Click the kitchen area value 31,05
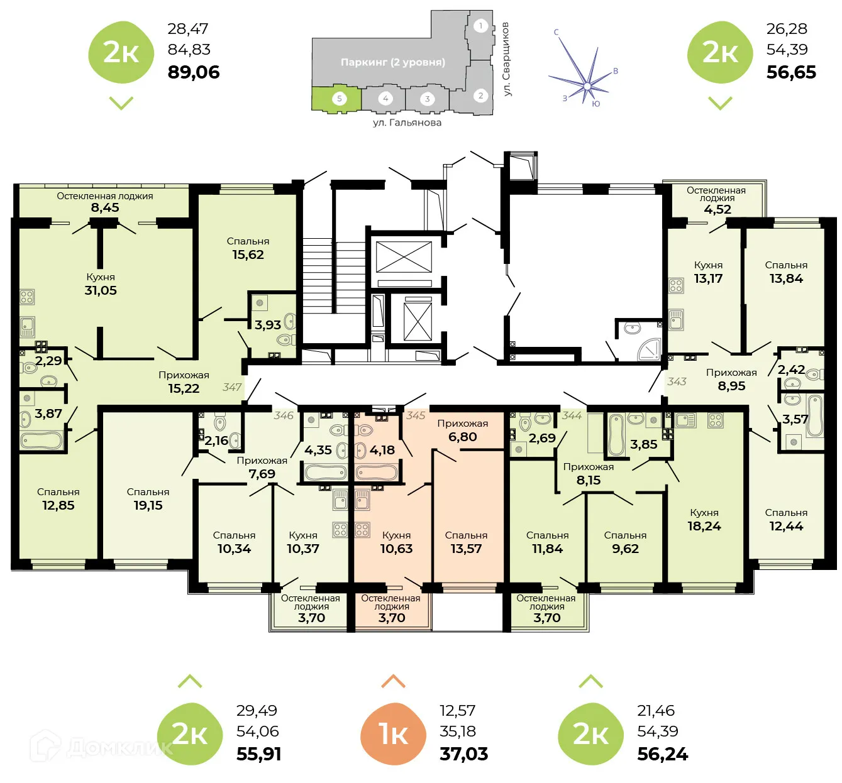[x=101, y=290]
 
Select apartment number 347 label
[x=231, y=387]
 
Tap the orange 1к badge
[x=393, y=733]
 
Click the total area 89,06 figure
[x=194, y=72]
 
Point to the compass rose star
[x=586, y=84]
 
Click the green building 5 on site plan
[x=338, y=99]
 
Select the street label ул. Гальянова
[x=407, y=123]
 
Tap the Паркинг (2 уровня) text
[x=392, y=62]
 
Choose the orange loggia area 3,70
[x=392, y=618]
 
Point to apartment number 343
[x=677, y=381]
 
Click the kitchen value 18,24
[x=704, y=526]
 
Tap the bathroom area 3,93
[x=267, y=325]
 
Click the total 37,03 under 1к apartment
[x=463, y=753]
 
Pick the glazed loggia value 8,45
[x=104, y=207]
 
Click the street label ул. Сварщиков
[x=506, y=59]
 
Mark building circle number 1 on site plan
[x=480, y=26]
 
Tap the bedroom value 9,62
[x=625, y=548]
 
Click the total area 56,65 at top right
[x=790, y=72]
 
